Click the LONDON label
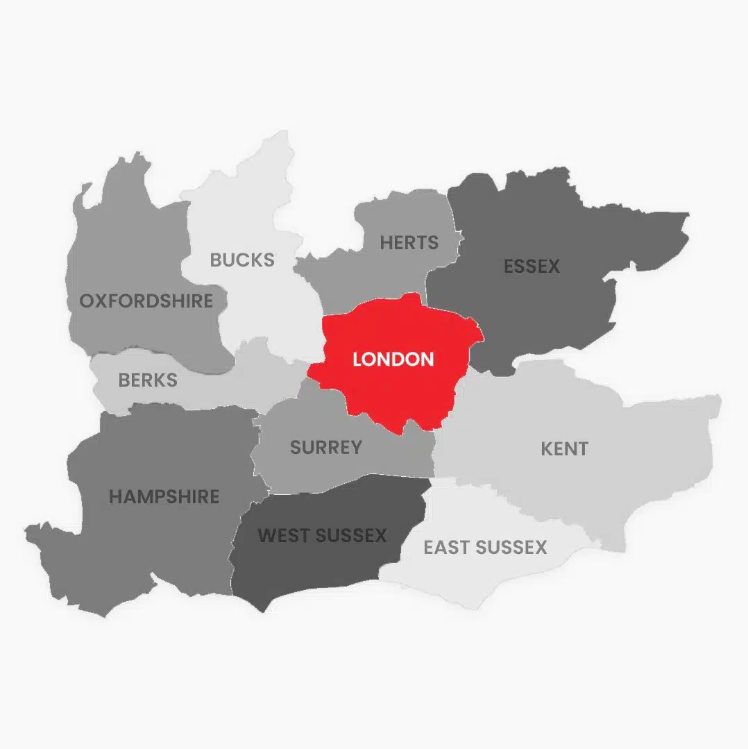tap(393, 359)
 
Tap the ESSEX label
tap(532, 266)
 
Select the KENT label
tap(564, 448)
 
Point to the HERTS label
tap(409, 243)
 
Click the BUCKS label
tap(242, 260)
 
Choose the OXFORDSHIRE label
tap(146, 301)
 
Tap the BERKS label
tap(148, 380)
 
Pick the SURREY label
tap(326, 447)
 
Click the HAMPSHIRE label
tap(164, 496)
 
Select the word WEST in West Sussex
tap(282, 535)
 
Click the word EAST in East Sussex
tap(445, 547)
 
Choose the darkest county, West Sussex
tap(312, 569)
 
